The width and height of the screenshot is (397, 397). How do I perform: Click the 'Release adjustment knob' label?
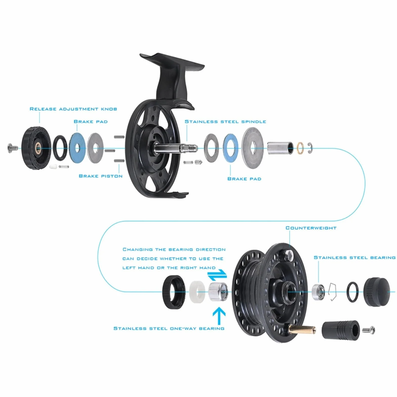point(73,109)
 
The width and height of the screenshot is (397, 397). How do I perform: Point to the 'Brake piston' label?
point(101,176)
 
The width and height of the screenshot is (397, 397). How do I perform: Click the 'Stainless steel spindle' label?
point(225,122)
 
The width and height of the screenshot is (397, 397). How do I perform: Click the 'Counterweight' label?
point(311,228)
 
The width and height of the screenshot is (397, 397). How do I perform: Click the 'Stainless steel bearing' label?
point(354,257)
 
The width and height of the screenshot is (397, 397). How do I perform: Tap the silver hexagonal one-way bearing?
point(218,292)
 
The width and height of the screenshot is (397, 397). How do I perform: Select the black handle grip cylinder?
point(341,330)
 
